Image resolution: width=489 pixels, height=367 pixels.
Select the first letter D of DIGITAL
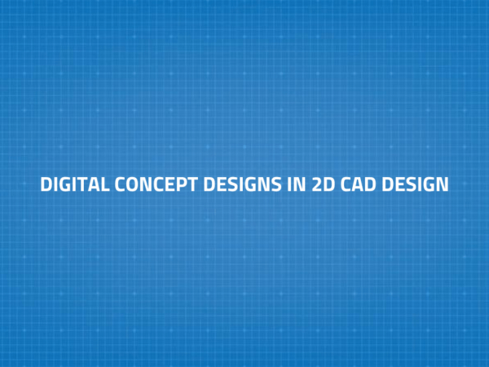click(46, 184)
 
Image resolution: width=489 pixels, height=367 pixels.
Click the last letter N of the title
click(443, 184)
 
